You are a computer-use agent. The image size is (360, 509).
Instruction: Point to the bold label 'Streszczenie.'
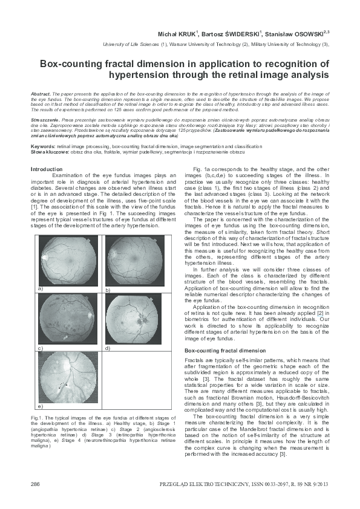(x=46, y=121)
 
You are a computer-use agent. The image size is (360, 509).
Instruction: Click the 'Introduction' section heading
(x=46, y=169)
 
